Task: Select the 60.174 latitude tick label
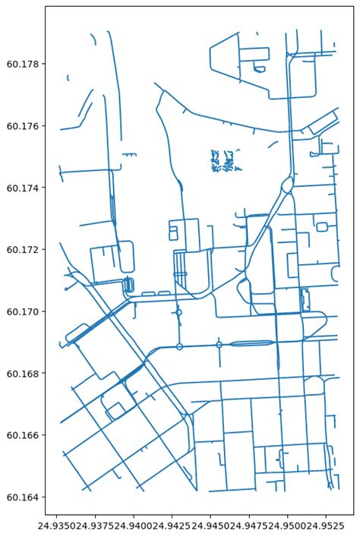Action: point(23,188)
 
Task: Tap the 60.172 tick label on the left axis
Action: point(23,250)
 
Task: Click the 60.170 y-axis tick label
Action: point(23,311)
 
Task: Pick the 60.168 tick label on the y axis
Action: point(23,374)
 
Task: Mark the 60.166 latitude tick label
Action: point(23,435)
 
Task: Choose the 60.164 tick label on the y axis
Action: point(23,498)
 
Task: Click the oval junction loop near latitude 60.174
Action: point(287,185)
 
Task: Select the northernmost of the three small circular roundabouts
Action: point(178,312)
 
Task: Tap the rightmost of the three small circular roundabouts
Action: point(219,345)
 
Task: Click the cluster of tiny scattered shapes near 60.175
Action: point(223,161)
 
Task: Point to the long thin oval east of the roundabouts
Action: point(251,344)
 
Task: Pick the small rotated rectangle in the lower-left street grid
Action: point(115,411)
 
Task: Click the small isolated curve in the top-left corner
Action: point(68,77)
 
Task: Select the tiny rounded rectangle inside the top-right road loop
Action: point(260,68)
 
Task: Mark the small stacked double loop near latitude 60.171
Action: point(128,286)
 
